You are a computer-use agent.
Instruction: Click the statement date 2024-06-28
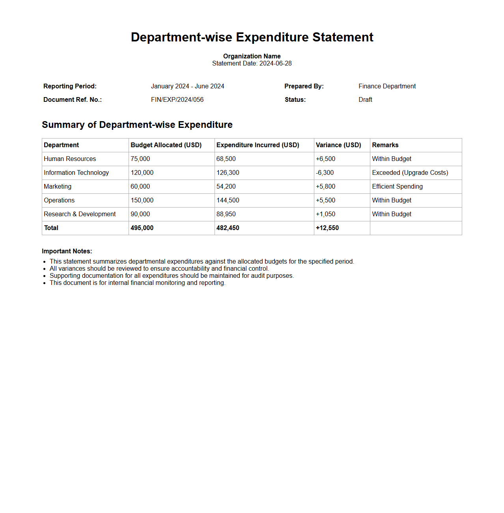pyautogui.click(x=275, y=64)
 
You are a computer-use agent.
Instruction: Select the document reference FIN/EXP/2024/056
pyautogui.click(x=177, y=100)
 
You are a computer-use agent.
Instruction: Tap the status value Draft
pyautogui.click(x=365, y=100)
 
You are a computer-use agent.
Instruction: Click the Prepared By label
pyautogui.click(x=304, y=86)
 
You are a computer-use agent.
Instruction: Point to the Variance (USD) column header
pyautogui.click(x=338, y=145)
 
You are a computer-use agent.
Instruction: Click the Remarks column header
pyautogui.click(x=385, y=145)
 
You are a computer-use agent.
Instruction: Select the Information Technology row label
pyautogui.click(x=76, y=173)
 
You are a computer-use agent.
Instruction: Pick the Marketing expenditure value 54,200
pyautogui.click(x=226, y=187)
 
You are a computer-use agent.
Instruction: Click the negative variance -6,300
pyautogui.click(x=325, y=173)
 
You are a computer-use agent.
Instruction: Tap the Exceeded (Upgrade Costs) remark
pyautogui.click(x=410, y=173)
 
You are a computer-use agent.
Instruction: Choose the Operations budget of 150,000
pyautogui.click(x=142, y=200)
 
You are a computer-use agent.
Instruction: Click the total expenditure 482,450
pyautogui.click(x=228, y=228)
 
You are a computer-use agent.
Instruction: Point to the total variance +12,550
pyautogui.click(x=327, y=228)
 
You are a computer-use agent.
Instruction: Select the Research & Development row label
pyautogui.click(x=80, y=214)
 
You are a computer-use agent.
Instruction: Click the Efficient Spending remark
pyautogui.click(x=397, y=187)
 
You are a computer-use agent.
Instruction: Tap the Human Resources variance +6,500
pyautogui.click(x=325, y=159)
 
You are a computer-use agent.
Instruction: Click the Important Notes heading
pyautogui.click(x=67, y=251)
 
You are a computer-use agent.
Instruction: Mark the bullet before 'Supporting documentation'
pyautogui.click(x=45, y=276)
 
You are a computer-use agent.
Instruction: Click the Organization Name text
pyautogui.click(x=252, y=56)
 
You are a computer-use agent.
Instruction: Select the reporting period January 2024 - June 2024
pyautogui.click(x=187, y=86)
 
